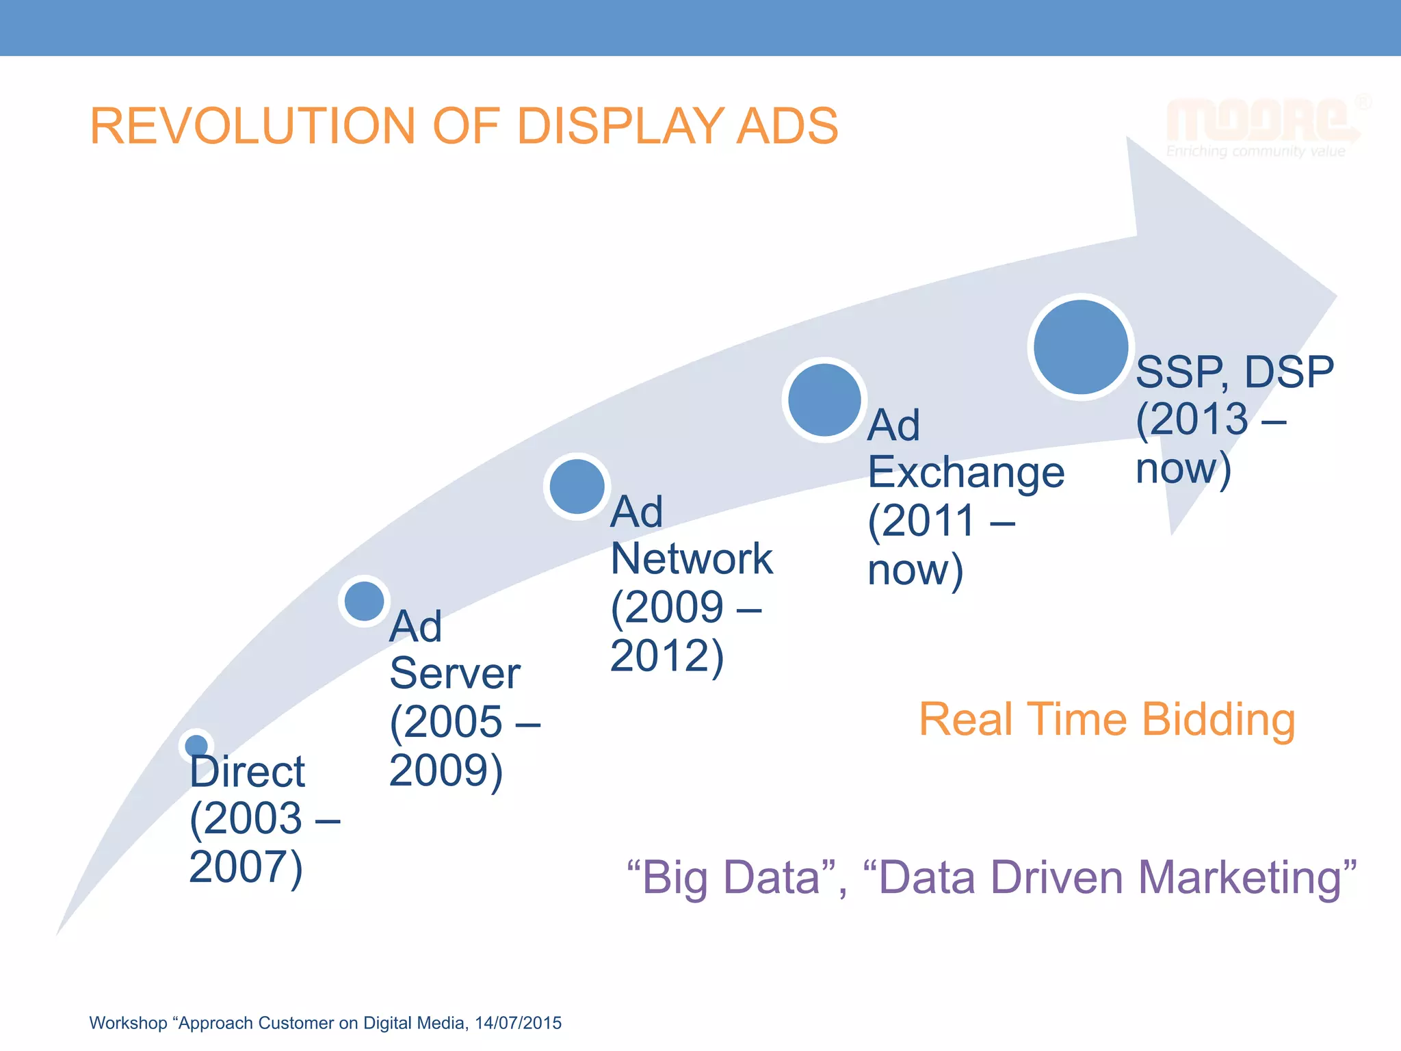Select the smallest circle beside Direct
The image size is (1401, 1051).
pyautogui.click(x=196, y=745)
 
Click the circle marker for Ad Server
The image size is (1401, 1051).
pyautogui.click(x=364, y=601)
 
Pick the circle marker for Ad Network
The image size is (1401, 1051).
pyautogui.click(x=577, y=486)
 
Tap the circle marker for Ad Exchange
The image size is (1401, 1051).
pyautogui.click(x=824, y=400)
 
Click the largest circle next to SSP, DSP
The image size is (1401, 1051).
pyautogui.click(x=1080, y=347)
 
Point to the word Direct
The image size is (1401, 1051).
pyautogui.click(x=247, y=772)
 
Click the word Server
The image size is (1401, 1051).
pyautogui.click(x=455, y=674)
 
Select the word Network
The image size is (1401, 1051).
pyautogui.click(x=691, y=559)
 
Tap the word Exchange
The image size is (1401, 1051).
pyautogui.click(x=966, y=473)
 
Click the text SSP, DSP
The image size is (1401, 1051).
pyautogui.click(x=1234, y=373)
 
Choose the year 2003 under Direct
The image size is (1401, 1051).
pyautogui.click(x=253, y=818)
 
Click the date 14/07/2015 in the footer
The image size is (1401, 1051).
pyautogui.click(x=518, y=1023)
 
